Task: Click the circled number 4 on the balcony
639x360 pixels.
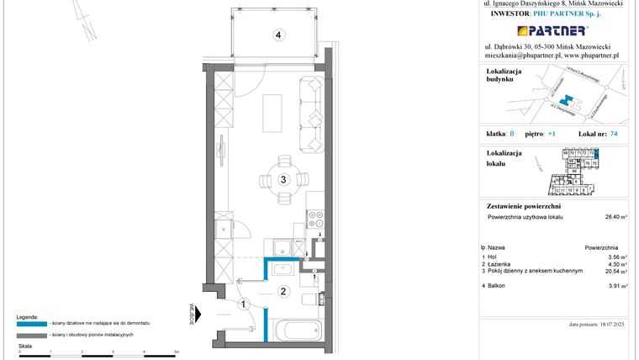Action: [277, 35]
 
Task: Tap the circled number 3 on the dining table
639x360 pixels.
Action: [284, 179]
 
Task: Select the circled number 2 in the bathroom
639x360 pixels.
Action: [284, 292]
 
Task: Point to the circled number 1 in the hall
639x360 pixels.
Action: [241, 304]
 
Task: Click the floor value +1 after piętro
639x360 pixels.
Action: [552, 134]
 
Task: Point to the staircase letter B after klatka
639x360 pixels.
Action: [511, 134]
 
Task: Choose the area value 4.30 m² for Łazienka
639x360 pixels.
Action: [618, 265]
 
